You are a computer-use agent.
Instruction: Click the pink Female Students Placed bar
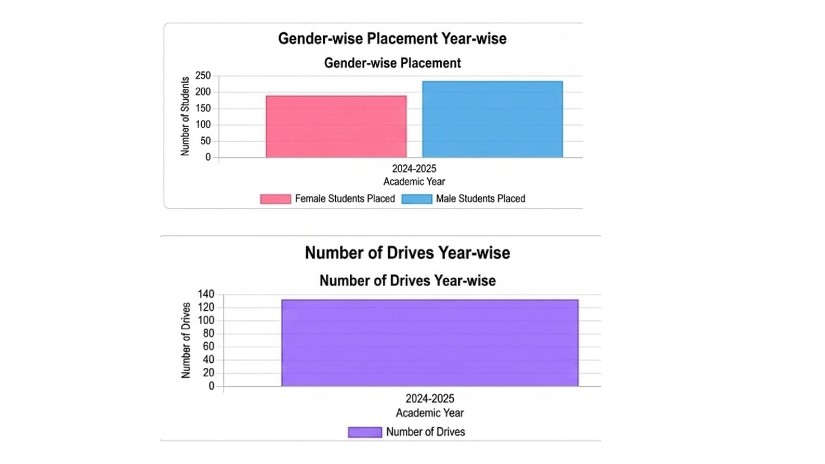336,126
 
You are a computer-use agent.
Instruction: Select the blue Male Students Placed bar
492,119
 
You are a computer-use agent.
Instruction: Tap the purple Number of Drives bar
430,343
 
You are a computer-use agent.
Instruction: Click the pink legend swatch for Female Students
275,199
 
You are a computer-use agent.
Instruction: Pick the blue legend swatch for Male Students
416,199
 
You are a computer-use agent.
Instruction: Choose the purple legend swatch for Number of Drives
365,432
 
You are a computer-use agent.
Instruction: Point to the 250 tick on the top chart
203,76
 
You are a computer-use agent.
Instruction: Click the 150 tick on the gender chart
203,108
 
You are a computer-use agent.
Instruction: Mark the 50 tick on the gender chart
206,141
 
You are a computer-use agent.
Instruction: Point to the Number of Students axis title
186,116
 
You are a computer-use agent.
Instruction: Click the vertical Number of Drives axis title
186,340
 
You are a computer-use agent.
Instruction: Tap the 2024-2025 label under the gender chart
414,169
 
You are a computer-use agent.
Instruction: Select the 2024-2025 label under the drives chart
430,399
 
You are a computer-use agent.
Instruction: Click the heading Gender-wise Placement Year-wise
392,39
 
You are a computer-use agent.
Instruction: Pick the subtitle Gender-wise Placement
392,63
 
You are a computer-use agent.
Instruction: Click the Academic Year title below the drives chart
430,413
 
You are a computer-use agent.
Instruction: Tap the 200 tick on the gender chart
203,92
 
